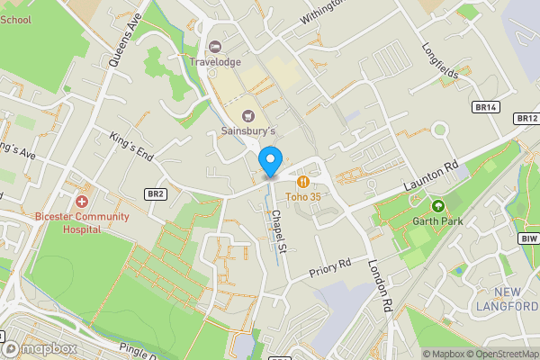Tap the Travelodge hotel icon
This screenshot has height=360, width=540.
click(214, 47)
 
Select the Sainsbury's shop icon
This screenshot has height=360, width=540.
click(248, 115)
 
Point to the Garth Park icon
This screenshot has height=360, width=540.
click(439, 205)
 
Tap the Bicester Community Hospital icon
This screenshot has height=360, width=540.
click(82, 202)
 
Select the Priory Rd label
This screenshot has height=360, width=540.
click(329, 266)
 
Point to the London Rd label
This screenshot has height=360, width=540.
click(382, 287)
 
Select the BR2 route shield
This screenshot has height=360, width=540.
click(156, 193)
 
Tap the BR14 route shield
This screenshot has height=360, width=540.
click(485, 107)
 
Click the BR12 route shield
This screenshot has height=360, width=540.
click(526, 118)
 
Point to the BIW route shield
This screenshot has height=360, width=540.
click(528, 238)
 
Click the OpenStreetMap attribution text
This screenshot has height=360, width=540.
click(500, 354)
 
